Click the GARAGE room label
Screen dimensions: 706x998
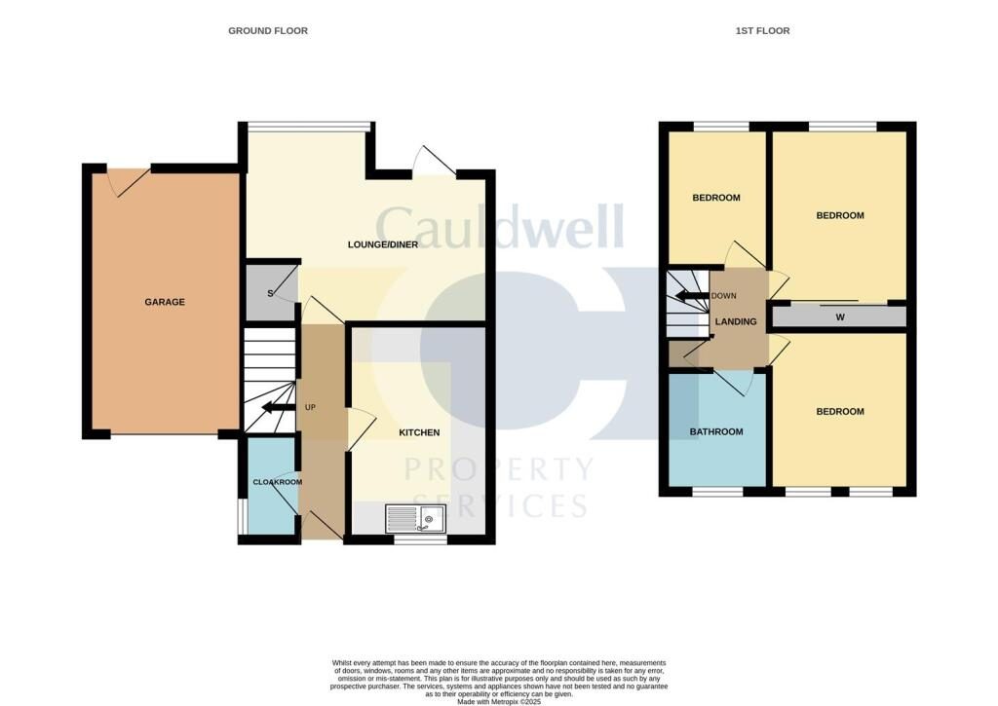165,302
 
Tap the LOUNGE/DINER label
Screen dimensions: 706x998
382,243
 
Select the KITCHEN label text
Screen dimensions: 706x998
419,432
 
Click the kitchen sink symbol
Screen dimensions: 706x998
416,519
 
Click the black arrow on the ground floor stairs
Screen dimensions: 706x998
278,408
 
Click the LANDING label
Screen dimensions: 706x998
736,321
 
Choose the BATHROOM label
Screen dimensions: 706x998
716,431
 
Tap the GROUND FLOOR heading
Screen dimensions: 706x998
268,31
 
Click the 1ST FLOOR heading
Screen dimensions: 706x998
762,31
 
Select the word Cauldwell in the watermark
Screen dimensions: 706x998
499,226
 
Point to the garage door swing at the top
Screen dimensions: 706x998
128,179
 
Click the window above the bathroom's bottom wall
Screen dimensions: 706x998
717,492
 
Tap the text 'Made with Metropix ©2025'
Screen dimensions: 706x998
498,699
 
